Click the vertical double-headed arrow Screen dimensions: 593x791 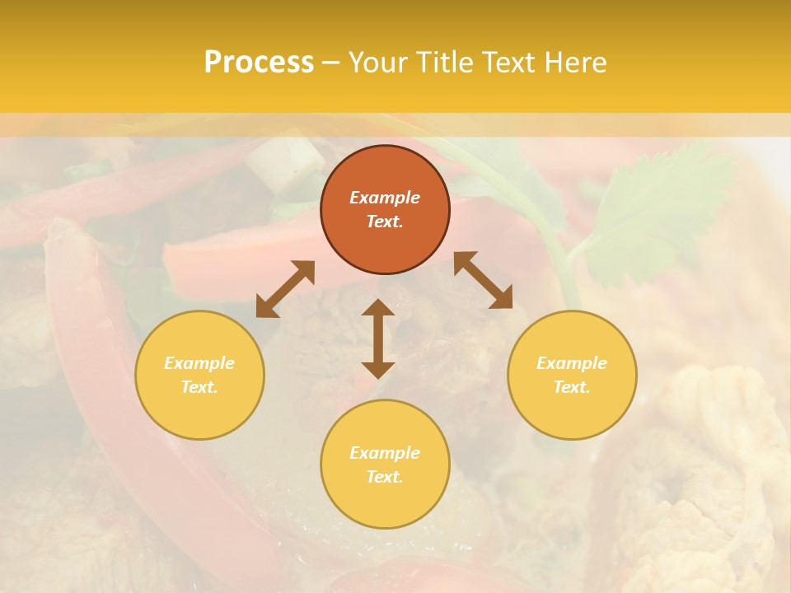(x=378, y=339)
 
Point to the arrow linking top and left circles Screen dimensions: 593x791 (x=285, y=289)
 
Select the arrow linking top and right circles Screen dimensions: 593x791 (x=484, y=280)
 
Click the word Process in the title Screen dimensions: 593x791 (x=259, y=63)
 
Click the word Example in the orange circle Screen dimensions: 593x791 (x=385, y=198)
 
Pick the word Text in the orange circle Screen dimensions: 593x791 (x=385, y=222)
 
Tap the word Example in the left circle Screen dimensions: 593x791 (x=199, y=363)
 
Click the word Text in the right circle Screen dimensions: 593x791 (x=572, y=387)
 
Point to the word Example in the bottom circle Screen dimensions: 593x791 (x=385, y=453)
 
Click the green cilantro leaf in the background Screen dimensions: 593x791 (x=651, y=206)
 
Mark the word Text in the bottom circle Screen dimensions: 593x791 (x=385, y=477)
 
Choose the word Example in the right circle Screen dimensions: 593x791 (x=572, y=363)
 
